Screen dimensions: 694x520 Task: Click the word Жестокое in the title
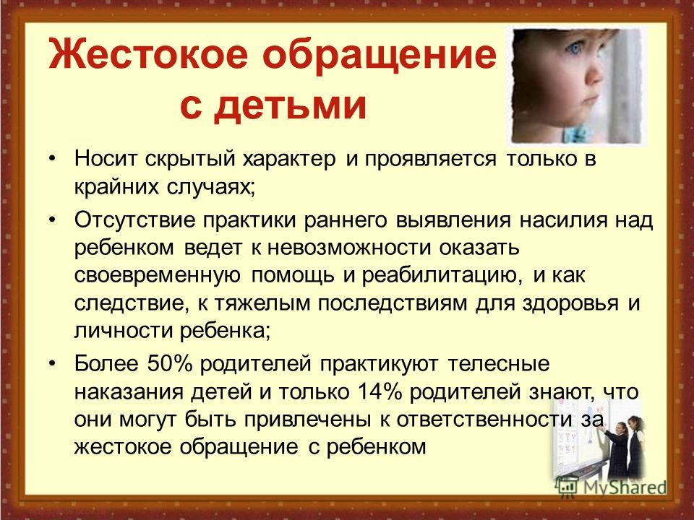[x=149, y=53]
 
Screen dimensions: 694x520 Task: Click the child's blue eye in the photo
[x=573, y=48]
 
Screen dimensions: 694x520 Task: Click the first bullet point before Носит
[x=53, y=158]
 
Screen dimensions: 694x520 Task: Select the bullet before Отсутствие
[x=53, y=220]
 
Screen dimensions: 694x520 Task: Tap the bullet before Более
[x=53, y=364]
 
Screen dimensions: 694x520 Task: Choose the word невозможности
[x=348, y=248]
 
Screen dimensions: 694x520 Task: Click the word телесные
[x=499, y=364]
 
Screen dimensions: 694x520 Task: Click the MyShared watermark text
[x=625, y=487]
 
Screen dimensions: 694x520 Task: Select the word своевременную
[x=158, y=276]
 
